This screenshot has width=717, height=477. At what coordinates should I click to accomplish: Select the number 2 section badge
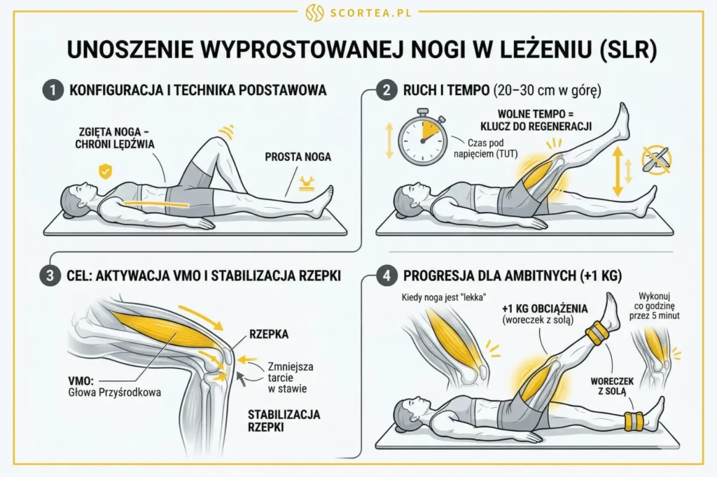[x=384, y=90]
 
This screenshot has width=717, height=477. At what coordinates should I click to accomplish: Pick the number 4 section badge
[x=384, y=276]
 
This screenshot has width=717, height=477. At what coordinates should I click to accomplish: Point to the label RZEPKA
[x=267, y=334]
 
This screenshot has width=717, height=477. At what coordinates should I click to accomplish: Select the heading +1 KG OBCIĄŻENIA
[x=544, y=309]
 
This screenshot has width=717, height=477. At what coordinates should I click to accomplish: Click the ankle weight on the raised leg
[x=597, y=334]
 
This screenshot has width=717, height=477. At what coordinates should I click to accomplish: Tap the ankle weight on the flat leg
[x=634, y=422]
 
